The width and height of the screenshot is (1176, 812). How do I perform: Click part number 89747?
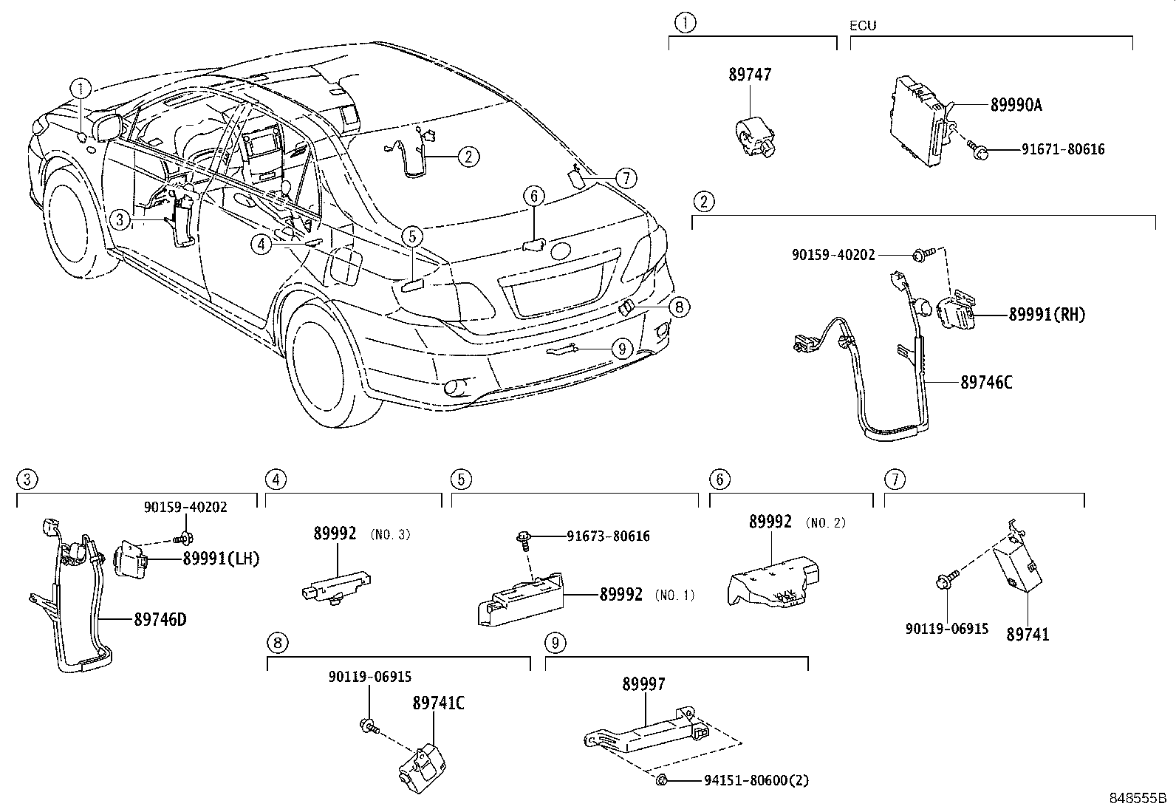[x=750, y=75]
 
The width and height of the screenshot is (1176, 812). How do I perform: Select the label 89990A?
[x=1016, y=105]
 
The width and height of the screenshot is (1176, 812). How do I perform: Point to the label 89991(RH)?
[x=1047, y=315]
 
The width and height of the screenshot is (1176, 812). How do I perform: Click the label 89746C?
[x=987, y=382]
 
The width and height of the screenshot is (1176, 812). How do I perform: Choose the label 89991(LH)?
[x=222, y=559]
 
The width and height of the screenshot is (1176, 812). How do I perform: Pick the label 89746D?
[x=160, y=619]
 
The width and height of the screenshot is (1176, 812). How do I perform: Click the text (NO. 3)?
[x=390, y=534]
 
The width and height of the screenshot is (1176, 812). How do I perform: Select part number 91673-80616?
[x=609, y=536]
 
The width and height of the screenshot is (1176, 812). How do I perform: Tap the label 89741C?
[x=438, y=703]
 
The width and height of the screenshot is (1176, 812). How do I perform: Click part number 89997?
[x=643, y=684]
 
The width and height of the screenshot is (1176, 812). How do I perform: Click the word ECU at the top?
[x=863, y=26]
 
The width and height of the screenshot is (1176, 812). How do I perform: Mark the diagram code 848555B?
[x=1136, y=799]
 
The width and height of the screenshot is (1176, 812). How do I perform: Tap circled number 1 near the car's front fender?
[x=81, y=89]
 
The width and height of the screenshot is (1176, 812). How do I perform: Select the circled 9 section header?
[x=555, y=643]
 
